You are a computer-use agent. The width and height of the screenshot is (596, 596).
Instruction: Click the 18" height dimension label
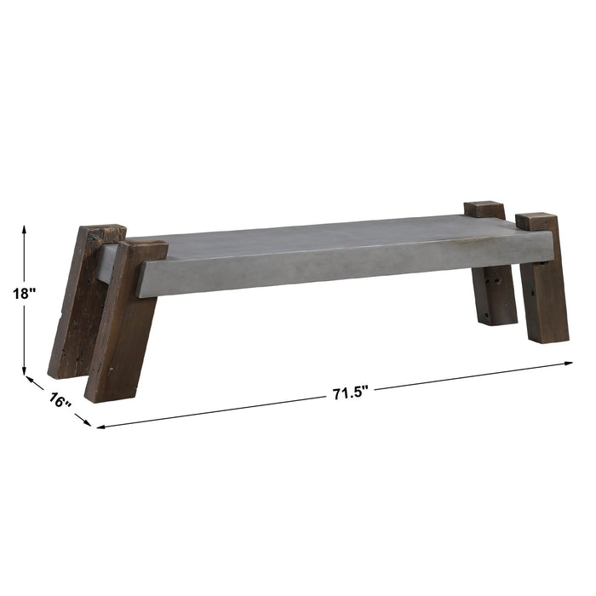(x=25, y=294)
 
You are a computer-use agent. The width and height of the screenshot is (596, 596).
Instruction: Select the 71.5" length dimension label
(x=349, y=393)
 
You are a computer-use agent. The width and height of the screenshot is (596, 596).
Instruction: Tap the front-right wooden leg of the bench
(x=542, y=281)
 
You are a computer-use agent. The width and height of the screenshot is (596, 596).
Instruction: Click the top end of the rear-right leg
(x=484, y=209)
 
